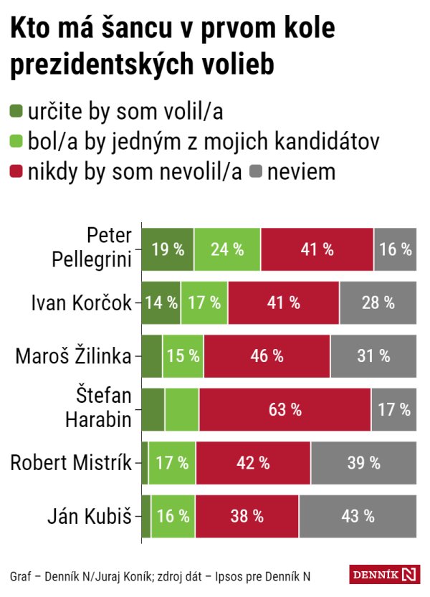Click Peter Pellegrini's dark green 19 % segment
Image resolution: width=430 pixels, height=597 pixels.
tap(168, 249)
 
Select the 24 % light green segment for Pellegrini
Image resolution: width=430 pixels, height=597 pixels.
tap(227, 249)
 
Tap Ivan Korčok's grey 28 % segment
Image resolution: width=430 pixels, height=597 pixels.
tap(378, 302)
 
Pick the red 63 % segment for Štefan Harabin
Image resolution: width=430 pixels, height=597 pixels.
tap(285, 410)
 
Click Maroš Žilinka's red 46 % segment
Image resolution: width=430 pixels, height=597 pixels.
tap(267, 356)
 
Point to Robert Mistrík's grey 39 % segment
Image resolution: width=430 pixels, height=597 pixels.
tap(363, 463)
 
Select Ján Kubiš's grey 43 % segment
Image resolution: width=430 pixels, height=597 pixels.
tap(358, 516)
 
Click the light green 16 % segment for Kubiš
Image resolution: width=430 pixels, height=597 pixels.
tap(173, 516)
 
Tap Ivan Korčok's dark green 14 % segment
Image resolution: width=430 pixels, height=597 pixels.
tap(161, 302)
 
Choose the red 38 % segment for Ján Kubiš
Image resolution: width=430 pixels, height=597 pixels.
tap(247, 516)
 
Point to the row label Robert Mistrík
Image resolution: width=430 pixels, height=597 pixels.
tap(71, 463)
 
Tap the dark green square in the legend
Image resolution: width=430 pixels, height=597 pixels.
tap(16, 112)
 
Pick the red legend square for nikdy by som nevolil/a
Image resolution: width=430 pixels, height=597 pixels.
tap(16, 172)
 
